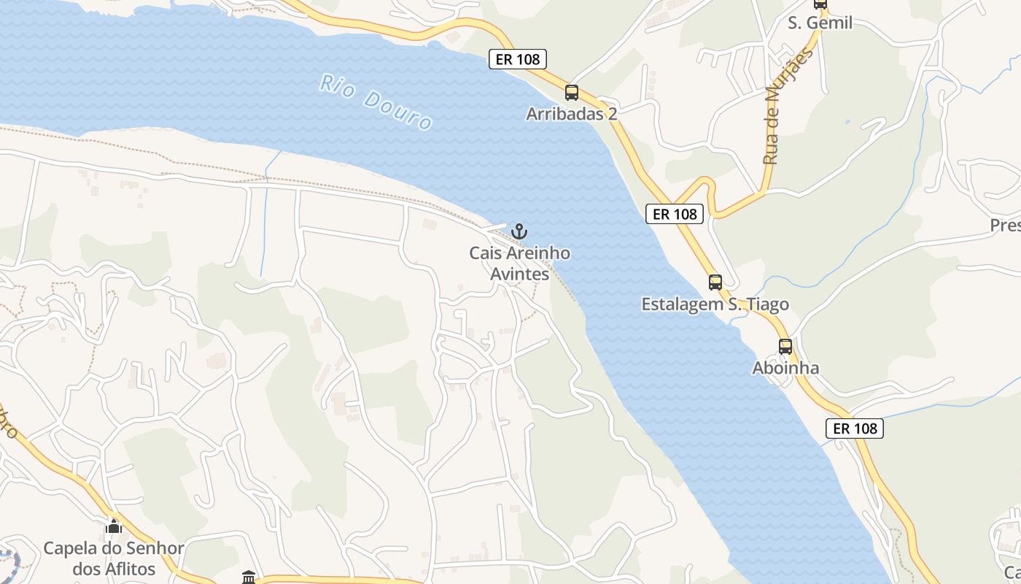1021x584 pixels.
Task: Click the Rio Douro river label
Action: point(376,101)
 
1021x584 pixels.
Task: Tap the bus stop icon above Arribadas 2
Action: point(572,93)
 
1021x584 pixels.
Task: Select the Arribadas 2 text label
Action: point(572,114)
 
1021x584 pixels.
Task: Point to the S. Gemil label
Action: point(820,23)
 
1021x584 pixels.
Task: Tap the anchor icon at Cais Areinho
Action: point(519,232)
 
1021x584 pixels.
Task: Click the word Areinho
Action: point(537,253)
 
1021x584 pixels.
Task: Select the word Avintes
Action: point(519,274)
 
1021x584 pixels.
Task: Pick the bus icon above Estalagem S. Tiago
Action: point(715,283)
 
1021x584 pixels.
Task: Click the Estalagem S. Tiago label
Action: point(715,304)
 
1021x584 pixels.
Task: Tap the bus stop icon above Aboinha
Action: point(785,347)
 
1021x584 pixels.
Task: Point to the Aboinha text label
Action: point(785,368)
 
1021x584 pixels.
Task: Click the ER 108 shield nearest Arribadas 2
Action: point(518,60)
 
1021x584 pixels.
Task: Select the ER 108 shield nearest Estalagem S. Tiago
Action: point(675,214)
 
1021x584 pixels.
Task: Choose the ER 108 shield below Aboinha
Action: point(855,429)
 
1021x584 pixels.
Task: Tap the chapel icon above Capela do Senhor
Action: point(114,526)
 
